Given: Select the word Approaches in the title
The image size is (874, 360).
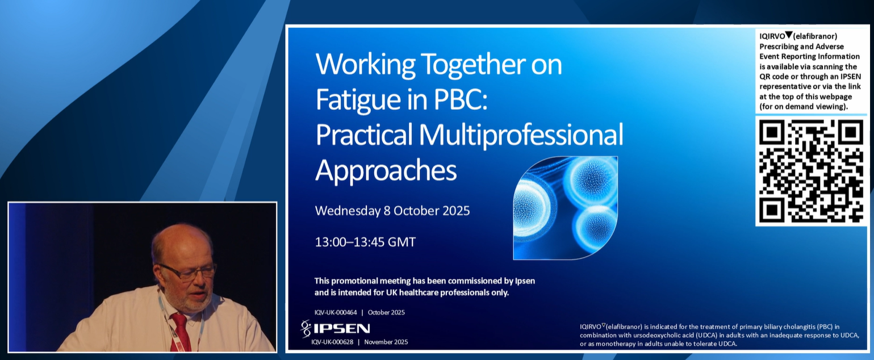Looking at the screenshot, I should click(386, 170).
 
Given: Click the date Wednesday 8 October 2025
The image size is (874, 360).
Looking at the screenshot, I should click(392, 211).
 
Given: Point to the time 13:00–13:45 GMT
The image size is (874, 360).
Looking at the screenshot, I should click(365, 242).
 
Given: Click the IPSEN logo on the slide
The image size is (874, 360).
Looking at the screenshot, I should click(336, 328).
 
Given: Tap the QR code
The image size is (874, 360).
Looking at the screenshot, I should click(810, 171).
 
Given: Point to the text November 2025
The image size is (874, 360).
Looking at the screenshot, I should click(386, 342).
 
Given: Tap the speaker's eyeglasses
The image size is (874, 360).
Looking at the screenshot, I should click(188, 272).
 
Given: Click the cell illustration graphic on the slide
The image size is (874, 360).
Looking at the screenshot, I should click(565, 207).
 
